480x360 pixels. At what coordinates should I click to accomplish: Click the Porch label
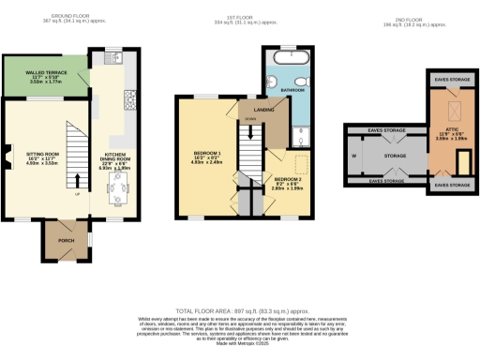coord(66,240)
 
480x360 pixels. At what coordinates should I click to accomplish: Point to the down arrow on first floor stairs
coord(249,125)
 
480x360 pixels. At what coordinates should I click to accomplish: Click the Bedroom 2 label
coord(288,178)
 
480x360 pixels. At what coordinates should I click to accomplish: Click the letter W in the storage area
coord(353,156)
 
